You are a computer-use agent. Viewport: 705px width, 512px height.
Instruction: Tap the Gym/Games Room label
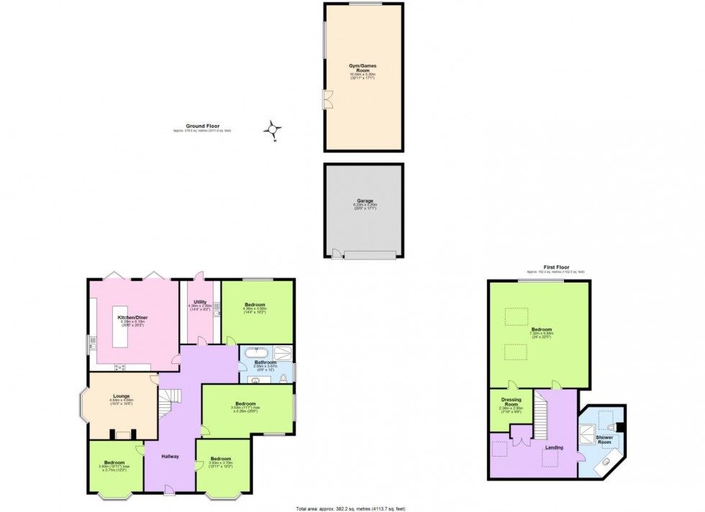click(x=363, y=68)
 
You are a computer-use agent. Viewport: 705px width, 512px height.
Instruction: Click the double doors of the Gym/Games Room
click(x=328, y=100)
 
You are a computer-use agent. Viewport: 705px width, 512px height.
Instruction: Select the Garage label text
click(x=363, y=201)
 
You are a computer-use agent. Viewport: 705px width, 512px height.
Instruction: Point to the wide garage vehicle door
click(x=370, y=255)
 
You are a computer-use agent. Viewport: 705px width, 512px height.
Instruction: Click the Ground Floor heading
click(x=202, y=126)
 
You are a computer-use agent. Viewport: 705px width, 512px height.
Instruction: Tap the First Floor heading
click(x=555, y=268)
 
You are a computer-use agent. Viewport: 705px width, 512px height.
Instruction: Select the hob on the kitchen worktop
click(x=120, y=367)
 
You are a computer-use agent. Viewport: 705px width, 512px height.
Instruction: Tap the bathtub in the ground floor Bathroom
click(x=255, y=352)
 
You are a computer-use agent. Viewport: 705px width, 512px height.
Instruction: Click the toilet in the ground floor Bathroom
click(x=286, y=377)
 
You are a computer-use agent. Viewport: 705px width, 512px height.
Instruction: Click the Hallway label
click(x=170, y=457)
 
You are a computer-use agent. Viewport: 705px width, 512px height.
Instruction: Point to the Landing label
click(x=554, y=448)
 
